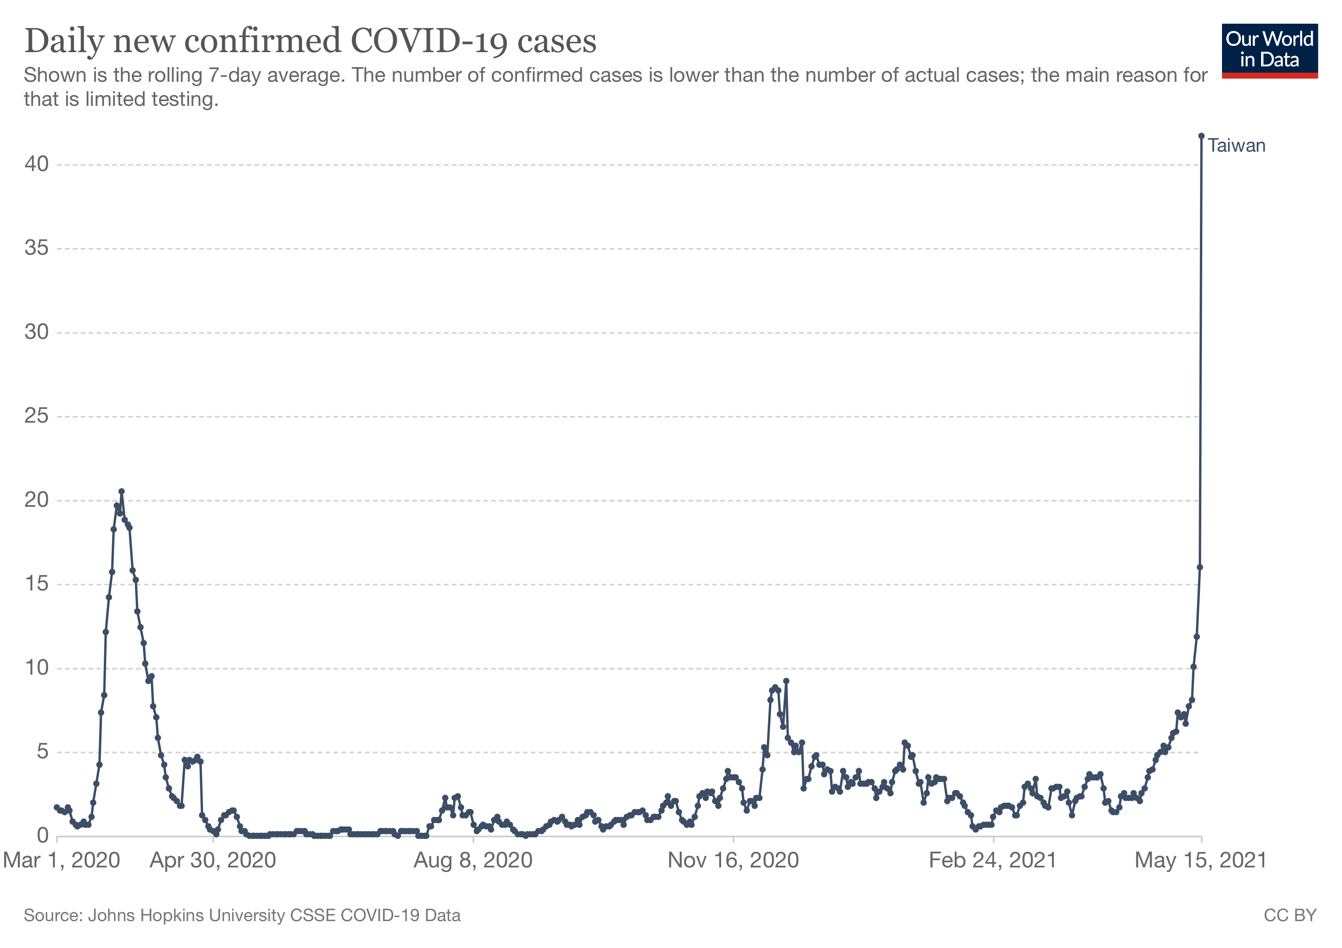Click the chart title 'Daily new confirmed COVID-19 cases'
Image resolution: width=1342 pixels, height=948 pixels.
pos(310,41)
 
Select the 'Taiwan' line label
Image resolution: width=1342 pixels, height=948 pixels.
pos(1236,146)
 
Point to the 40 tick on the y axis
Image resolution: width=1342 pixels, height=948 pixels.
pos(36,164)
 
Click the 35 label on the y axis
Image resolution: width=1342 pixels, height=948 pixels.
pos(36,248)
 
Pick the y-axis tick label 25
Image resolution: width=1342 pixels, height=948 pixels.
pos(36,416)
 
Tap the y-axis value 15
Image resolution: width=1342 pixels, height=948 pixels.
pos(36,584)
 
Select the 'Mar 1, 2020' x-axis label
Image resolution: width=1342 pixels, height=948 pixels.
pos(61,860)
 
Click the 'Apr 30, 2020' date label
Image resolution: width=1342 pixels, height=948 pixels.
pos(213,860)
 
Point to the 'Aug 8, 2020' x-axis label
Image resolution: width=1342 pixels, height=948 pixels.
pos(473,860)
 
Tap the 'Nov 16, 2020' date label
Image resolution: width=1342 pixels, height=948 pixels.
pos(733,860)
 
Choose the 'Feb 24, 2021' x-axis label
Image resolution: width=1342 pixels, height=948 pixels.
pos(993,860)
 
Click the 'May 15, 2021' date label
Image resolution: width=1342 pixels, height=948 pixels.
pos(1201,860)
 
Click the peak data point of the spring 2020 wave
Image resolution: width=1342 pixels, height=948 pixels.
pos(122,492)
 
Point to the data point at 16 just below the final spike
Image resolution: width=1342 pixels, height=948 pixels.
pos(1200,567)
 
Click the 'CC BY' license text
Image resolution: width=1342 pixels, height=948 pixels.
pos(1290,915)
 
